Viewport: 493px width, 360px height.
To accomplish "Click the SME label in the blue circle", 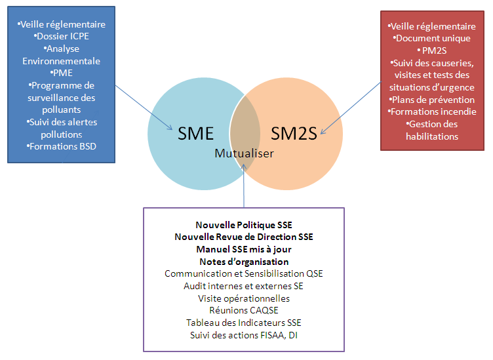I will [196, 133].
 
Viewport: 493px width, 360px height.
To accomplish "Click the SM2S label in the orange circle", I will [294, 133].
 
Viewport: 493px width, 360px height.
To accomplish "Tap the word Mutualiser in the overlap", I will [244, 153].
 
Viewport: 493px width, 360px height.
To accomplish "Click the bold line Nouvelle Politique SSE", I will [243, 225].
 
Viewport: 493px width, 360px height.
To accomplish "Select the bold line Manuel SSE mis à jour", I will [243, 249].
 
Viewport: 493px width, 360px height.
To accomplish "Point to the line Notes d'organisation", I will [243, 262].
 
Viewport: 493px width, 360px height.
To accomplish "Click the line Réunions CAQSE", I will [243, 310].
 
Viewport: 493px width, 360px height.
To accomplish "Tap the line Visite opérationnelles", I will [243, 298].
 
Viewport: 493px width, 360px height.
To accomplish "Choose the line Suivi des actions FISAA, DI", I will [243, 335].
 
